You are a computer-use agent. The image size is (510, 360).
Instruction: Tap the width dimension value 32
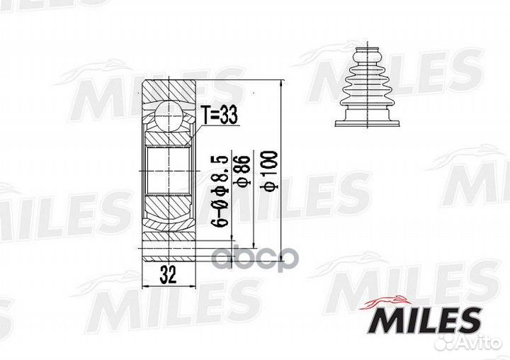coord(168,275)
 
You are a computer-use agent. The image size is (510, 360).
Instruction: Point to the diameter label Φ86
coord(244,171)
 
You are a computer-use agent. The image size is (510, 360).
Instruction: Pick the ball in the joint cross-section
coord(169,115)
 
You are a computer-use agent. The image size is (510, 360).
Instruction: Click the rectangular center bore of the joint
coord(169,171)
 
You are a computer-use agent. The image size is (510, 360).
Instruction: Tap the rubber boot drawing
coord(367,87)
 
